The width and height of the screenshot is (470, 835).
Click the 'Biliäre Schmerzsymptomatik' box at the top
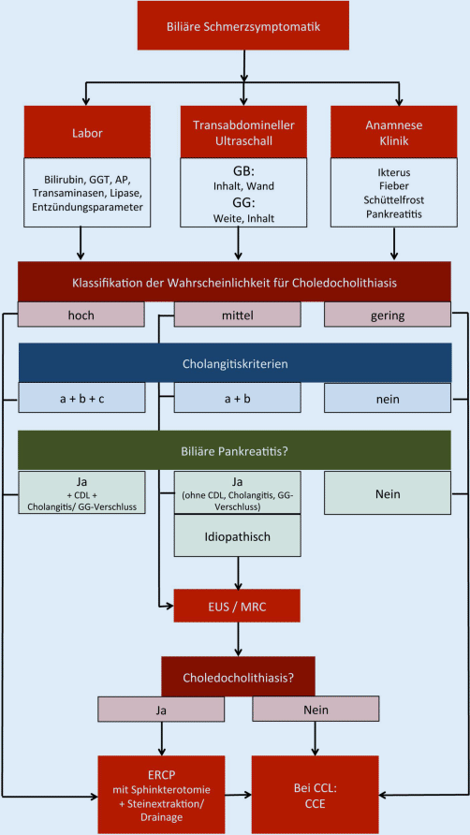click(243, 25)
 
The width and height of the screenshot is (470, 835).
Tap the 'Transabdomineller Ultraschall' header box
click(242, 133)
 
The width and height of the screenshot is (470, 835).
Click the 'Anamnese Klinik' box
click(400, 133)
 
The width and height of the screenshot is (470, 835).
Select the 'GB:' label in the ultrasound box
click(242, 171)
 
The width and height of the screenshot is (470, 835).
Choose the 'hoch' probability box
click(81, 316)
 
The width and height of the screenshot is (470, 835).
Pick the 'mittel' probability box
click(242, 316)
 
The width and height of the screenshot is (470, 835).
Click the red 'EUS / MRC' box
click(242, 606)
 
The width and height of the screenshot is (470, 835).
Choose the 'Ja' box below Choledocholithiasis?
click(162, 710)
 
